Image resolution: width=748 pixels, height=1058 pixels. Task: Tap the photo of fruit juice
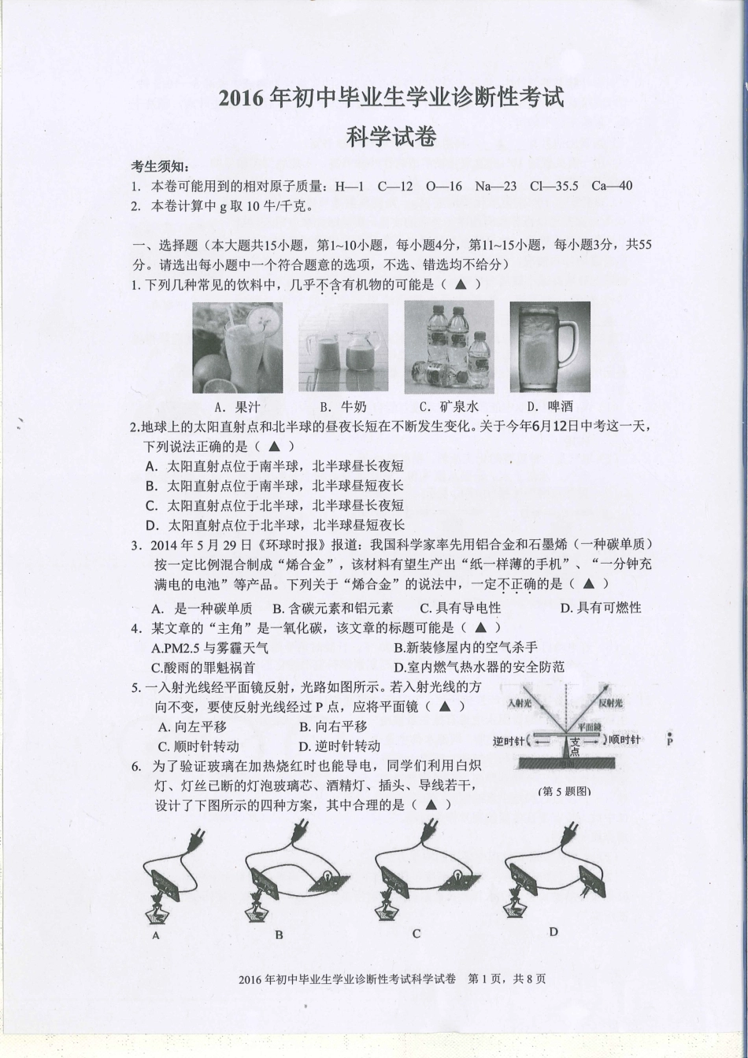point(237,347)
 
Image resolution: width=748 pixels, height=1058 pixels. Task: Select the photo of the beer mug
point(550,347)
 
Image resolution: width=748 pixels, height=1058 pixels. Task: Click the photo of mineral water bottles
point(449,347)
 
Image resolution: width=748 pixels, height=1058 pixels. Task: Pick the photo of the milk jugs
point(343,347)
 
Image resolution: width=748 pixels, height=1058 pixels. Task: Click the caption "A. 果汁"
point(236,407)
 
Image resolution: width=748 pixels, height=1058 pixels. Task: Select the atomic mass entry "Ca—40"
point(612,186)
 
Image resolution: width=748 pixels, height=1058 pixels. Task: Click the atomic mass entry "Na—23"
point(495,186)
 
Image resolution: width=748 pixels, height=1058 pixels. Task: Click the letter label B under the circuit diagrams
point(279,935)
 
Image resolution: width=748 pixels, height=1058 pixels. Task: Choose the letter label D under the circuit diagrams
point(554,931)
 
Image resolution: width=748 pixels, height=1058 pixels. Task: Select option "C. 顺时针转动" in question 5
point(198,746)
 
